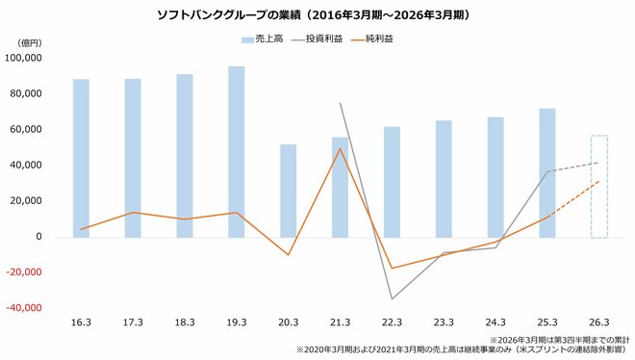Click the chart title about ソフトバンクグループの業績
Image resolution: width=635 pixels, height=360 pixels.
318,16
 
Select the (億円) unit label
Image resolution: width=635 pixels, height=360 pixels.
30,43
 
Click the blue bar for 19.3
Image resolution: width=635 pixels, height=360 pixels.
237,151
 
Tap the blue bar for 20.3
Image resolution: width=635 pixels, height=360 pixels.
289,191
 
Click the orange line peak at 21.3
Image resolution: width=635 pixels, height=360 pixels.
341,148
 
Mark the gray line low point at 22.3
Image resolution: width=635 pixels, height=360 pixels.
392,298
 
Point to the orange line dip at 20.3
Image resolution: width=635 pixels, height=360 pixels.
289,255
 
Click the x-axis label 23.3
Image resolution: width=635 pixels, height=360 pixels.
444,323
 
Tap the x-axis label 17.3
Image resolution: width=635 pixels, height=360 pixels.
133,323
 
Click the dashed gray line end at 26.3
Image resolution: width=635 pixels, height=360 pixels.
598,163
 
